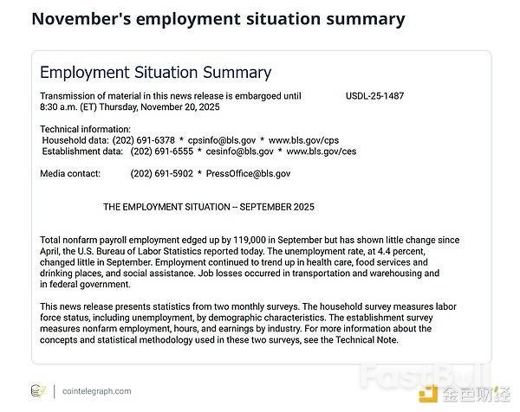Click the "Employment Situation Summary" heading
click(x=155, y=73)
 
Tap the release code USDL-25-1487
click(x=374, y=96)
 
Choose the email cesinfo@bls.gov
click(x=242, y=151)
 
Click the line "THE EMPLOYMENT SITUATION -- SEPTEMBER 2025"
click(x=209, y=208)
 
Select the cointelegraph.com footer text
click(x=97, y=391)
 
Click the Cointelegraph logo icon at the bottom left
click(x=38, y=391)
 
